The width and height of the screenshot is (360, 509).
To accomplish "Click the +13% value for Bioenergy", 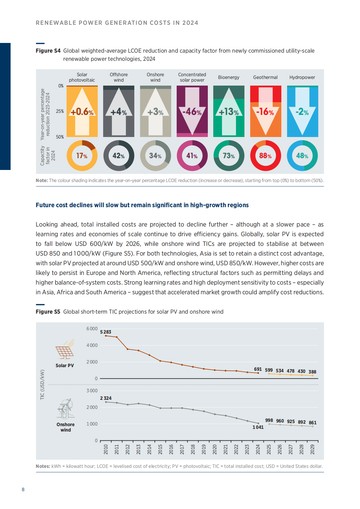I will (229, 112).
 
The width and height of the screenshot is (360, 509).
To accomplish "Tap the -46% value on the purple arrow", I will (192, 112).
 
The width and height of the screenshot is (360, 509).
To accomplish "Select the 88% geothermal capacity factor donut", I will (265, 156).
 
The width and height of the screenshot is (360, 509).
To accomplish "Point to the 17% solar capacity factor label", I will (82, 156).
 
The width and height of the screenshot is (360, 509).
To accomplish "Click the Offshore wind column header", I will (119, 77).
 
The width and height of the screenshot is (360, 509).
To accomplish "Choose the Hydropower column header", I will (302, 77).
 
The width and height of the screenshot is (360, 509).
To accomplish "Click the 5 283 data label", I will (106, 332).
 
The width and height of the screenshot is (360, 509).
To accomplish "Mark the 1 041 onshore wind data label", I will (258, 427).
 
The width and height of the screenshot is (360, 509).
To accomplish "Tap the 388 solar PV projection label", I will (313, 372).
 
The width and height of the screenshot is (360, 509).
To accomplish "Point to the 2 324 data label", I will (106, 398).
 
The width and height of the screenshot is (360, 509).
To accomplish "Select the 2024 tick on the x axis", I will (258, 449).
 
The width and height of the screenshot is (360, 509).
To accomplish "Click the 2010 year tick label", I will (106, 449).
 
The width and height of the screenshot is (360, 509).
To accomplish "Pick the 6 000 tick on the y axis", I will (92, 329).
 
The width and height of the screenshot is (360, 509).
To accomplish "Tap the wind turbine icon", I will (66, 409).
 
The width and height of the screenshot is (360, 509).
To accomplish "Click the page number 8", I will (23, 490).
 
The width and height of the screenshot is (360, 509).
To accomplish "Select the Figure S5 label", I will (48, 312).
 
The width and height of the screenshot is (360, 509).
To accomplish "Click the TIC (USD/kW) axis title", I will (42, 385).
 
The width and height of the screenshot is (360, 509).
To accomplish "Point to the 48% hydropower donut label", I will (302, 156).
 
